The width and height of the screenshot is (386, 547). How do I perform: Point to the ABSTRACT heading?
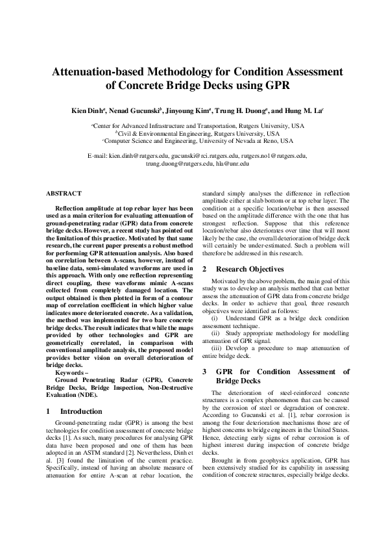(x=64, y=194)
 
